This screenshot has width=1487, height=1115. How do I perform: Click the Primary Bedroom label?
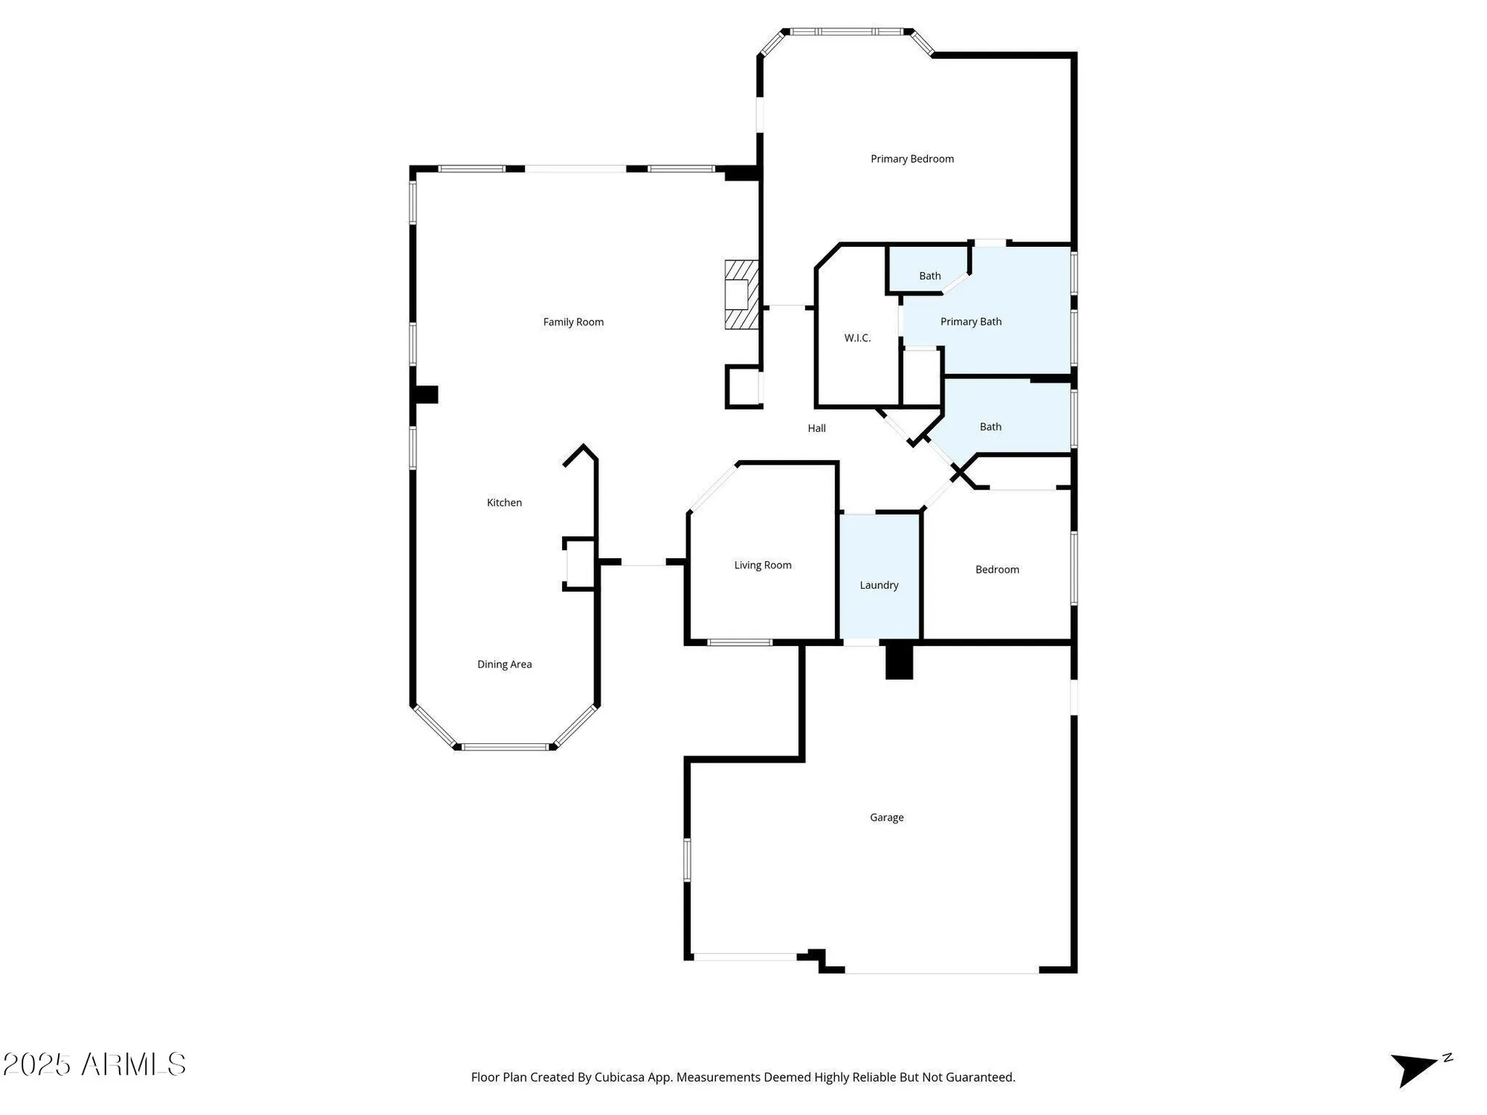click(912, 159)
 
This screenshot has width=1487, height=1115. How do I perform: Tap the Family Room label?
click(573, 322)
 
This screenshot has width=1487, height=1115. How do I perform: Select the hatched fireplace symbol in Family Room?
click(741, 294)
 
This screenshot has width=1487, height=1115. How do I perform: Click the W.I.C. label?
click(857, 338)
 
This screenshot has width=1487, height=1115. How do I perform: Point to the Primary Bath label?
click(970, 322)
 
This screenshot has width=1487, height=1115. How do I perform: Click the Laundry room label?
click(879, 585)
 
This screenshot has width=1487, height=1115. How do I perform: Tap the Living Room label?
click(762, 565)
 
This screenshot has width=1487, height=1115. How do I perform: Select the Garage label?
click(886, 818)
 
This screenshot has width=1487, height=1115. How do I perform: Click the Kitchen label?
click(504, 502)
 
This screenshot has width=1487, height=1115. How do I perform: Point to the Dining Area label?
click(504, 665)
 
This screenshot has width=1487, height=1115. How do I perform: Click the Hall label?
click(816, 428)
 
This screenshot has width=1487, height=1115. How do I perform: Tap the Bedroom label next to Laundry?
click(996, 569)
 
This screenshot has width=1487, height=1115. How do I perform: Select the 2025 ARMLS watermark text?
click(94, 1064)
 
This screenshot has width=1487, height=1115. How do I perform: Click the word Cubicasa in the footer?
click(619, 1077)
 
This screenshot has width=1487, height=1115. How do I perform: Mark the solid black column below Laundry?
click(898, 662)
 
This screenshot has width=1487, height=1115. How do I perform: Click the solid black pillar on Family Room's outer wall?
click(426, 395)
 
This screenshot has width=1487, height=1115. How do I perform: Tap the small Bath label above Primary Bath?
click(929, 276)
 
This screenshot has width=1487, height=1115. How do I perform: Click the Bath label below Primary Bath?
click(990, 427)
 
